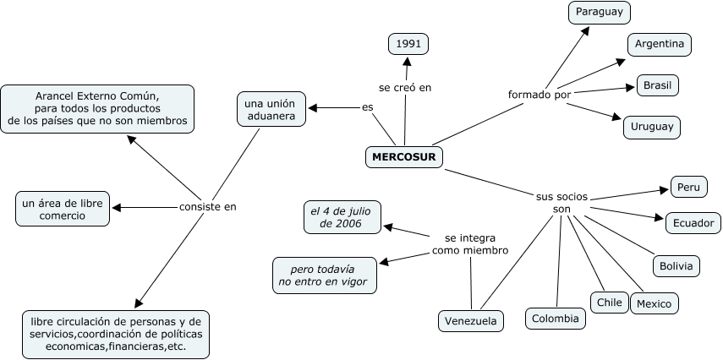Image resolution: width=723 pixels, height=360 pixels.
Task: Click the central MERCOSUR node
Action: click(x=403, y=157)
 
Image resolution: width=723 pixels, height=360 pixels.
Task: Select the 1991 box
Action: click(x=408, y=43)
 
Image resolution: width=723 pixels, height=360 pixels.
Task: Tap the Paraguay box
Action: click(x=600, y=12)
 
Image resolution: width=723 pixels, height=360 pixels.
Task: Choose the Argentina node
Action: click(x=660, y=44)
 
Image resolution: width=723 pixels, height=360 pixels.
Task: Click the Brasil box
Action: click(x=657, y=85)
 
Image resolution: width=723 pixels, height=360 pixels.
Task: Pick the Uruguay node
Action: click(x=651, y=127)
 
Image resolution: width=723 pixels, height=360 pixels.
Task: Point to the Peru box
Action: click(x=688, y=186)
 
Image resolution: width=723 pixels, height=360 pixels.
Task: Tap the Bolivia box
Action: click(x=676, y=265)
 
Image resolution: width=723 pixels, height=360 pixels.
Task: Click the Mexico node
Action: click(x=654, y=303)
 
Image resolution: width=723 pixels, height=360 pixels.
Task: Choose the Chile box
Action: click(x=609, y=302)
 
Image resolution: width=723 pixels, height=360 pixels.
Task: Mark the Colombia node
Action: click(x=556, y=318)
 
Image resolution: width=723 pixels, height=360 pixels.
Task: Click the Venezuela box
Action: click(x=471, y=321)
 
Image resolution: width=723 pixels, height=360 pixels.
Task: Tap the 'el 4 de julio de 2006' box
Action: click(x=342, y=216)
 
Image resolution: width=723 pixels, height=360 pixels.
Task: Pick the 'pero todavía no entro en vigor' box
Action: click(x=325, y=274)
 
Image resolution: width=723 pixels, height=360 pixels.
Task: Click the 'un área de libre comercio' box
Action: click(x=63, y=209)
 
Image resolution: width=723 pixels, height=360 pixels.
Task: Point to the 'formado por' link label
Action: click(x=539, y=94)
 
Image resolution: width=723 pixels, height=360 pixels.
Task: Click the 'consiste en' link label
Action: click(x=208, y=206)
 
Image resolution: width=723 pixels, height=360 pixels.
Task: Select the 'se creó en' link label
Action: click(x=405, y=86)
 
